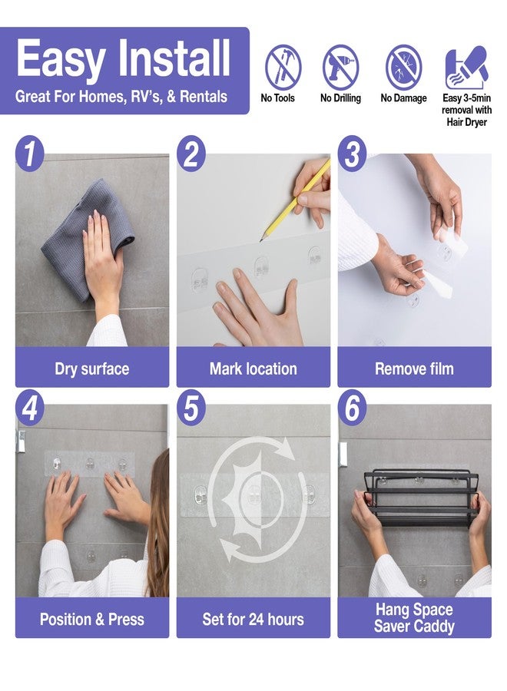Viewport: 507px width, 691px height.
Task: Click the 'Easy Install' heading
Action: click(x=124, y=58)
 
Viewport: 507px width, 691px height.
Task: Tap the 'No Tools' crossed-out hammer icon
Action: click(x=283, y=68)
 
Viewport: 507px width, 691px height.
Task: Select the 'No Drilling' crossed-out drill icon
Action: click(x=340, y=68)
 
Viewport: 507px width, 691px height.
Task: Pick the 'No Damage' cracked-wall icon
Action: click(x=403, y=68)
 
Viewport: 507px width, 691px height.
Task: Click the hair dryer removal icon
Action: click(x=466, y=68)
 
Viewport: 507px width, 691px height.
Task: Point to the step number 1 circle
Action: click(x=29, y=154)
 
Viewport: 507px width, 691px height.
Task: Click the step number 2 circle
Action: click(x=191, y=154)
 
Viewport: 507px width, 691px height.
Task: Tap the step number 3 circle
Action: click(x=353, y=154)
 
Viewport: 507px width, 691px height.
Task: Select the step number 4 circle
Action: click(x=29, y=408)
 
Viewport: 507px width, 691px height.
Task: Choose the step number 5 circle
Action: click(x=191, y=408)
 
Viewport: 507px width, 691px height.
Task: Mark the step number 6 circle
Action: click(x=353, y=408)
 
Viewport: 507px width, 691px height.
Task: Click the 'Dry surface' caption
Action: click(x=92, y=369)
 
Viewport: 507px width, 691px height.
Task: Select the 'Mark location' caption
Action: click(x=253, y=369)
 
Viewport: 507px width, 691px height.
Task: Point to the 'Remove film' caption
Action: click(x=414, y=369)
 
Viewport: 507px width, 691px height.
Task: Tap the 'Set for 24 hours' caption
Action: click(x=253, y=619)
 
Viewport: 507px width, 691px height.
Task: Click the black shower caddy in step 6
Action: click(x=421, y=498)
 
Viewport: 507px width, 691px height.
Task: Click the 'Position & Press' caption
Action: click(x=92, y=619)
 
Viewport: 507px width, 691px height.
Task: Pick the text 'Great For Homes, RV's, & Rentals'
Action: click(x=121, y=97)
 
